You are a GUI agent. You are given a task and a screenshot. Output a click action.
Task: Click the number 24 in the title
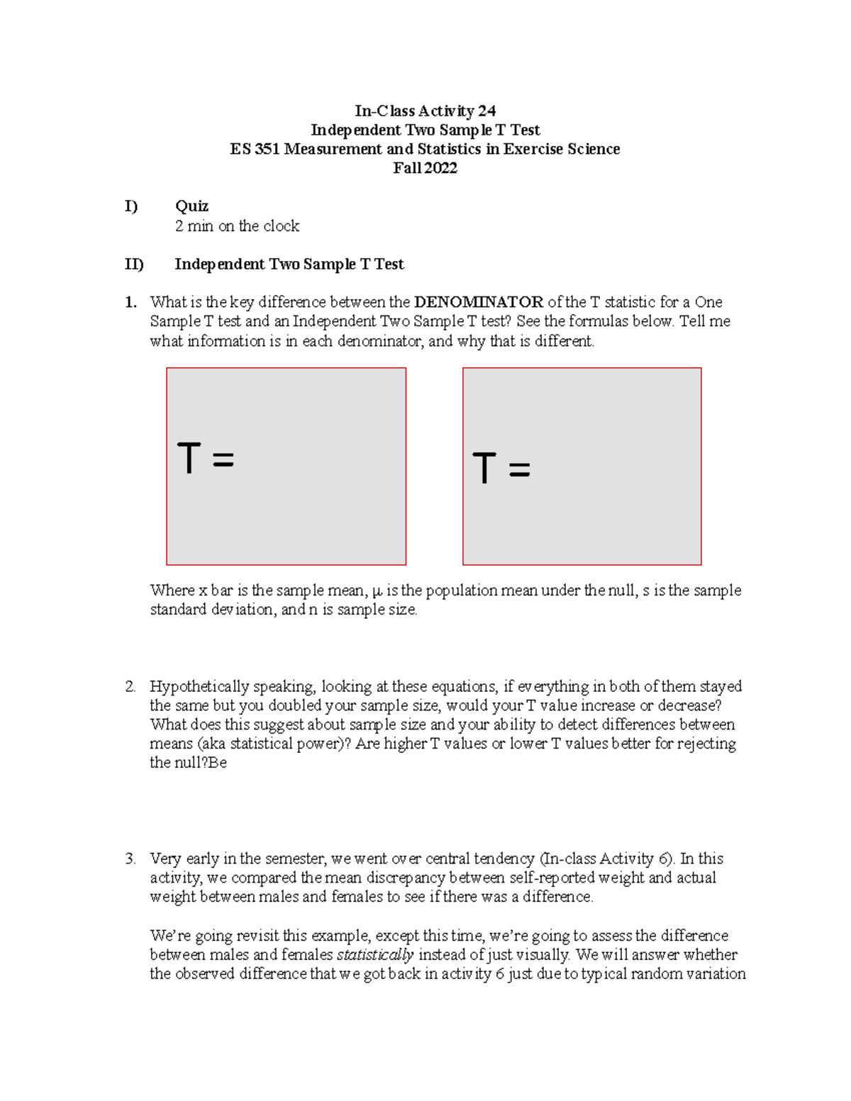[x=486, y=111]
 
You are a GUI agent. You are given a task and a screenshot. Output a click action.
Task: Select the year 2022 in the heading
[x=441, y=168]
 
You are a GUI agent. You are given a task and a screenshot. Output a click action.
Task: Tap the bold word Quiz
[x=191, y=206]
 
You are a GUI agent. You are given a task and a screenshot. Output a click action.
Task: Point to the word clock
[x=282, y=226]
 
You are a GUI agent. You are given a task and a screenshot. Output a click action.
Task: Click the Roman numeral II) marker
[x=134, y=264]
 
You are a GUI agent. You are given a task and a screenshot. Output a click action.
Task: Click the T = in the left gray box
[x=205, y=459]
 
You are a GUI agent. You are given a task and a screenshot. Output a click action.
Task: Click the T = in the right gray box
[x=501, y=469]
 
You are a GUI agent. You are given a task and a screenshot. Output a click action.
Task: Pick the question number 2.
[x=130, y=686]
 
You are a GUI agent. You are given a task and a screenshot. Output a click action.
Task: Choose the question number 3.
[x=130, y=859]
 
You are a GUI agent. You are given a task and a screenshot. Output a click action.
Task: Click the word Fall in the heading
[x=407, y=168]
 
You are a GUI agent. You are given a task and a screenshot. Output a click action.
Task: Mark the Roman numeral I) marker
[x=131, y=206]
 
